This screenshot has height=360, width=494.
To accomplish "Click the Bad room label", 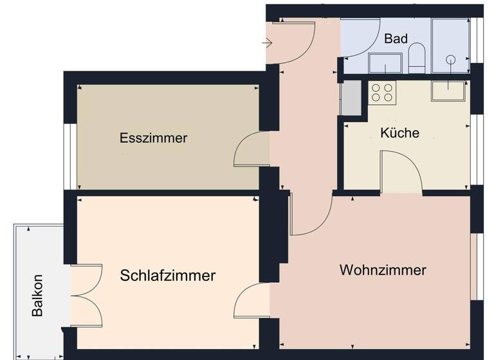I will (396, 39).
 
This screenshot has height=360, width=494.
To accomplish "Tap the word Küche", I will (399, 133).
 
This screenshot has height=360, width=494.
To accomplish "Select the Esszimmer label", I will (153, 138).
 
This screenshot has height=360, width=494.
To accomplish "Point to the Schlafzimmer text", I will (167, 276).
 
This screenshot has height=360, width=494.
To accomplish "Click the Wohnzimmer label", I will (383, 270).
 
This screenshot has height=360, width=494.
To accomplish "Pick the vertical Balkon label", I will (38, 296).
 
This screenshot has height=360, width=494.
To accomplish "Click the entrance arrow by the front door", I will (268, 43).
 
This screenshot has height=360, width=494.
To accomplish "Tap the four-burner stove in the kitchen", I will (381, 92).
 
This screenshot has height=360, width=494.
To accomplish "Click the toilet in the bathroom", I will (416, 59).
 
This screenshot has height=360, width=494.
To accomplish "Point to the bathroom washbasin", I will (385, 63).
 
